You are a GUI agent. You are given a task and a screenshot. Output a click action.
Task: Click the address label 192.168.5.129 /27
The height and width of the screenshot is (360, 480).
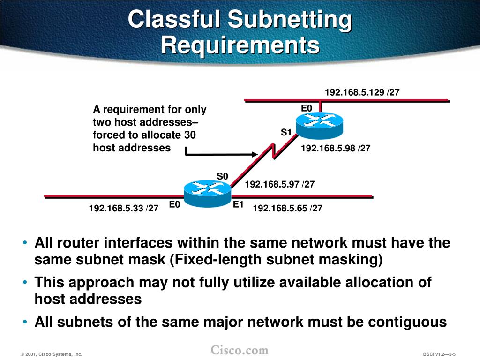[362, 92]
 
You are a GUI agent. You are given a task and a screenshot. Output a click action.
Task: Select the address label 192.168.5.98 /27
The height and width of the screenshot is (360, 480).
[336, 149]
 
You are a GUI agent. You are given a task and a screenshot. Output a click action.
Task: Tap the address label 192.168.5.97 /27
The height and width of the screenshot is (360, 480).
[280, 184]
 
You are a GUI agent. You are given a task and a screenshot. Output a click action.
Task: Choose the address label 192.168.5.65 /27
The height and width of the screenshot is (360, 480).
[288, 208]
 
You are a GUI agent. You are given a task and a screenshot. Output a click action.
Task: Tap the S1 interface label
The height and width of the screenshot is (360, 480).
[286, 133]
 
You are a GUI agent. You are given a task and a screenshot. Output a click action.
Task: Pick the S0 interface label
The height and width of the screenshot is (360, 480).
[222, 176]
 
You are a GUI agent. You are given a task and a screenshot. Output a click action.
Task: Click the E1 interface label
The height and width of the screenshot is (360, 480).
[238, 204]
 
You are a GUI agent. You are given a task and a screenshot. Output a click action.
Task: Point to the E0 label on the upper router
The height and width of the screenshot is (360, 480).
[306, 109]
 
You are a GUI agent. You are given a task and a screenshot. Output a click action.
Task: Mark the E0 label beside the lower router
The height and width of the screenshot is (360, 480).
[174, 204]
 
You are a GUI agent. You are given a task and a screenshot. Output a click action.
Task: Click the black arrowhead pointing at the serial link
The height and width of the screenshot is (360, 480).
[255, 154]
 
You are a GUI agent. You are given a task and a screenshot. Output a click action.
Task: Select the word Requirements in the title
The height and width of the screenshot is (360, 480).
[240, 45]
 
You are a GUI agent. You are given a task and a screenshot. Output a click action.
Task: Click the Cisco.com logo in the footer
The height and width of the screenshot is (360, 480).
[240, 350]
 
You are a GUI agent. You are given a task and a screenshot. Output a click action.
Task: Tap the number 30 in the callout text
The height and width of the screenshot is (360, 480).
[190, 135]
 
